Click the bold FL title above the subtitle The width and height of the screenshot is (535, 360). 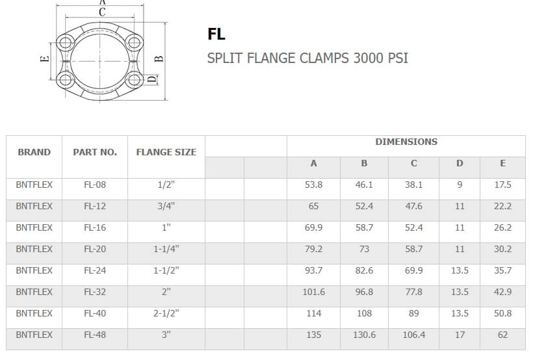pyautogui.click(x=216, y=34)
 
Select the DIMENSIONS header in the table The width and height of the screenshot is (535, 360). pyautogui.click(x=406, y=142)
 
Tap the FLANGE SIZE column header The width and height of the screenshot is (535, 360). pyautogui.click(x=166, y=152)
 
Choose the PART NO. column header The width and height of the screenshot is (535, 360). pyautogui.click(x=95, y=152)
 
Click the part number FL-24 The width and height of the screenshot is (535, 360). pyautogui.click(x=95, y=270)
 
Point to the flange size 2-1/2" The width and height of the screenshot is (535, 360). pyautogui.click(x=166, y=313)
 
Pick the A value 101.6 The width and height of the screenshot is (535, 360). pyautogui.click(x=313, y=292)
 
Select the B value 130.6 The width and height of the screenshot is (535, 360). pyautogui.click(x=364, y=335)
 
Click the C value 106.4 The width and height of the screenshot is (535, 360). pyautogui.click(x=414, y=335)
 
